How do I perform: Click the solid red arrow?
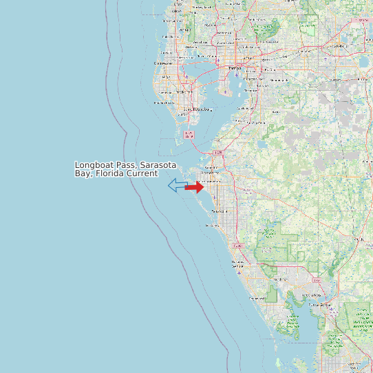(x=194, y=187)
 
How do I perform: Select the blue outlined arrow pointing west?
(x=178, y=185)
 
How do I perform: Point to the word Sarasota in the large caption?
(x=159, y=166)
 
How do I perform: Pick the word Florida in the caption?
(x=109, y=173)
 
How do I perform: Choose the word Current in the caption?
(x=142, y=173)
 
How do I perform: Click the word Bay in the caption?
(x=83, y=173)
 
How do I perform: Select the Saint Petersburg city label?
(x=195, y=109)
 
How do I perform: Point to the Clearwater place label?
(x=163, y=63)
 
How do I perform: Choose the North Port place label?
(x=280, y=279)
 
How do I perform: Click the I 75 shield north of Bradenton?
(x=219, y=152)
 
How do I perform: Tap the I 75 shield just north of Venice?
(x=239, y=245)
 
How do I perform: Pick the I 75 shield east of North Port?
(x=316, y=281)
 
